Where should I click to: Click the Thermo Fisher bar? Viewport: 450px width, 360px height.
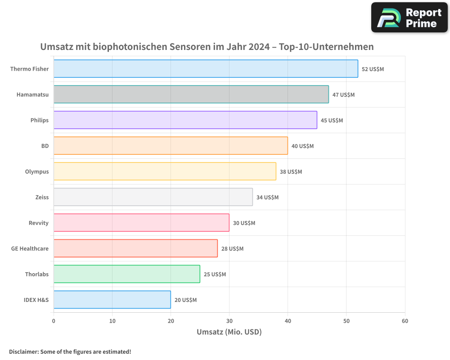coord(206,69)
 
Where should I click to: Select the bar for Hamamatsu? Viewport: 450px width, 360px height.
coord(191,94)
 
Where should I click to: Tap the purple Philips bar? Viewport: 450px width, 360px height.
coord(185,120)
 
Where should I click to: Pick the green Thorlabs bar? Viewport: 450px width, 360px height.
coord(127,274)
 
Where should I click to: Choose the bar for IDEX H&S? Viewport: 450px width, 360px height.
coord(112,300)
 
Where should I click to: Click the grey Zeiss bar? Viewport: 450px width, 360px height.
coord(153,197)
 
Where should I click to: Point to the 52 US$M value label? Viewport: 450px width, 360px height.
coord(373,69)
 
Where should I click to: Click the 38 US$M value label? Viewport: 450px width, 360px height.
coord(291,172)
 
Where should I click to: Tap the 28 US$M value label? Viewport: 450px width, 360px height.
coord(232,249)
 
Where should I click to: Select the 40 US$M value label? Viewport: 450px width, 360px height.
coord(302,146)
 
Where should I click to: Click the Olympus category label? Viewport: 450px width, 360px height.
coord(37,171)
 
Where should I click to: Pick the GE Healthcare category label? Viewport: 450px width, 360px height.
coord(30,248)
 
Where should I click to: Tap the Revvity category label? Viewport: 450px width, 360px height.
coord(38,223)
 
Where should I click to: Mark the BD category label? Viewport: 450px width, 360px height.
coord(45,146)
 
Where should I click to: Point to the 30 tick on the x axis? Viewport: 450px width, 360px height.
coord(229,321)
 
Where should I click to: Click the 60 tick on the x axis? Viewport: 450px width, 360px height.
coord(405,321)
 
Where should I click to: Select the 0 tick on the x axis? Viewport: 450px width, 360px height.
coord(54,321)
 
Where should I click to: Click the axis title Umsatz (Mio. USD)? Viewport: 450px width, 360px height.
coord(229,332)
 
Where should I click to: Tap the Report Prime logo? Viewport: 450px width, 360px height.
coord(409,18)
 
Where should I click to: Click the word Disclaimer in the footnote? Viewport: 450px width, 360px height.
coord(23,351)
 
